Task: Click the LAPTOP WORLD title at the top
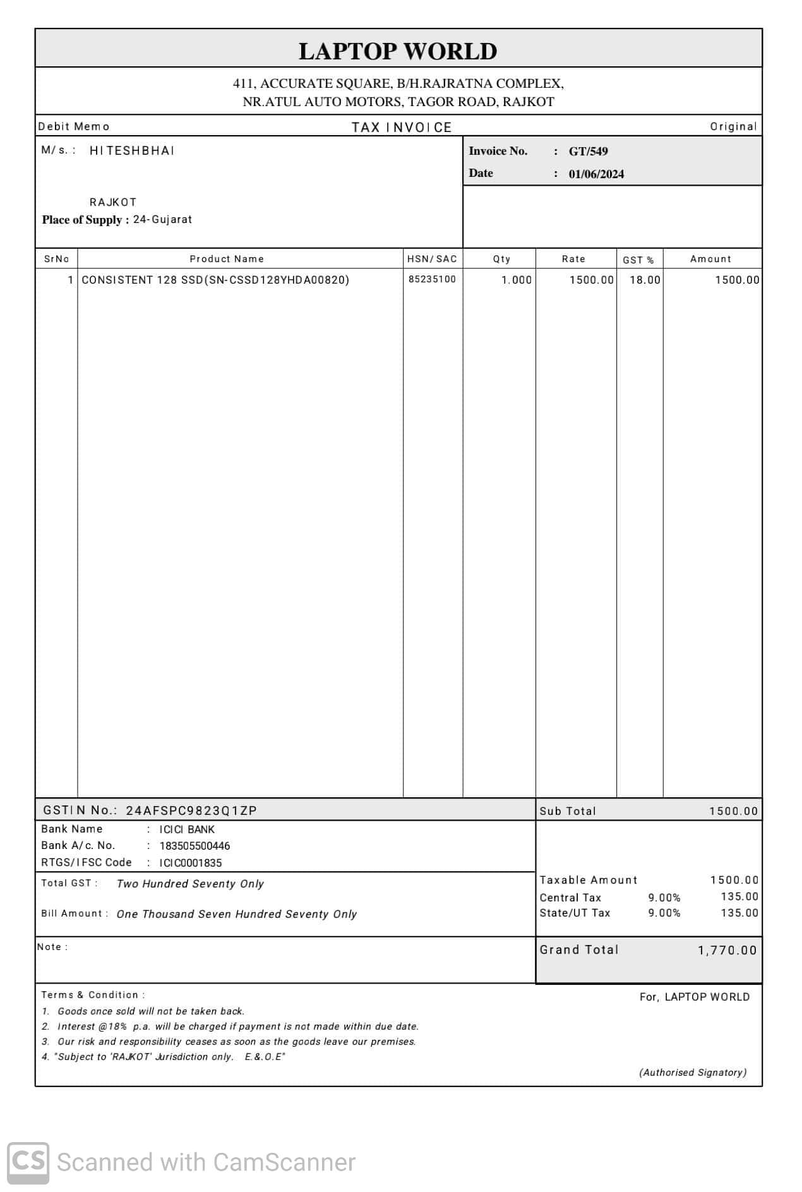coord(398,51)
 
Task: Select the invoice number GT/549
coord(588,152)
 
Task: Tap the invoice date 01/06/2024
coord(596,174)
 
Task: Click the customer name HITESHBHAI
coord(132,151)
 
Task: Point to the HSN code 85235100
coord(432,279)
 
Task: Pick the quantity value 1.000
coord(517,280)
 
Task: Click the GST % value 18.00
coord(645,280)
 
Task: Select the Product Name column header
coord(227,259)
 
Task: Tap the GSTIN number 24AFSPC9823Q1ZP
coord(191,810)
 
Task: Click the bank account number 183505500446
coord(195,846)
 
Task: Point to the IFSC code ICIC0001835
coord(190,863)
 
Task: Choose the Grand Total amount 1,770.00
coord(727,950)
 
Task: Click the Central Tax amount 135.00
coord(739,896)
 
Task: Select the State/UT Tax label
coord(575,913)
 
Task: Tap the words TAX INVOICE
coord(402,128)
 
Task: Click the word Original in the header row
coord(733,126)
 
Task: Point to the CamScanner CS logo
coord(28,1163)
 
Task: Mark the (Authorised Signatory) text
coord(693,1072)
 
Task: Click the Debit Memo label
coord(74,126)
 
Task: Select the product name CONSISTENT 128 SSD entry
coord(215,280)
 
